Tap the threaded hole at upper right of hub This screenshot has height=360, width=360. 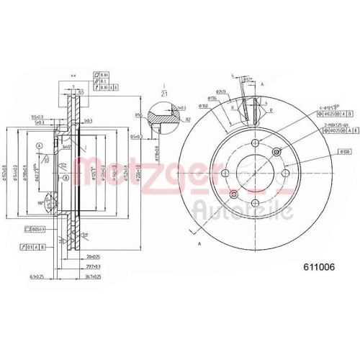click(278, 151)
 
